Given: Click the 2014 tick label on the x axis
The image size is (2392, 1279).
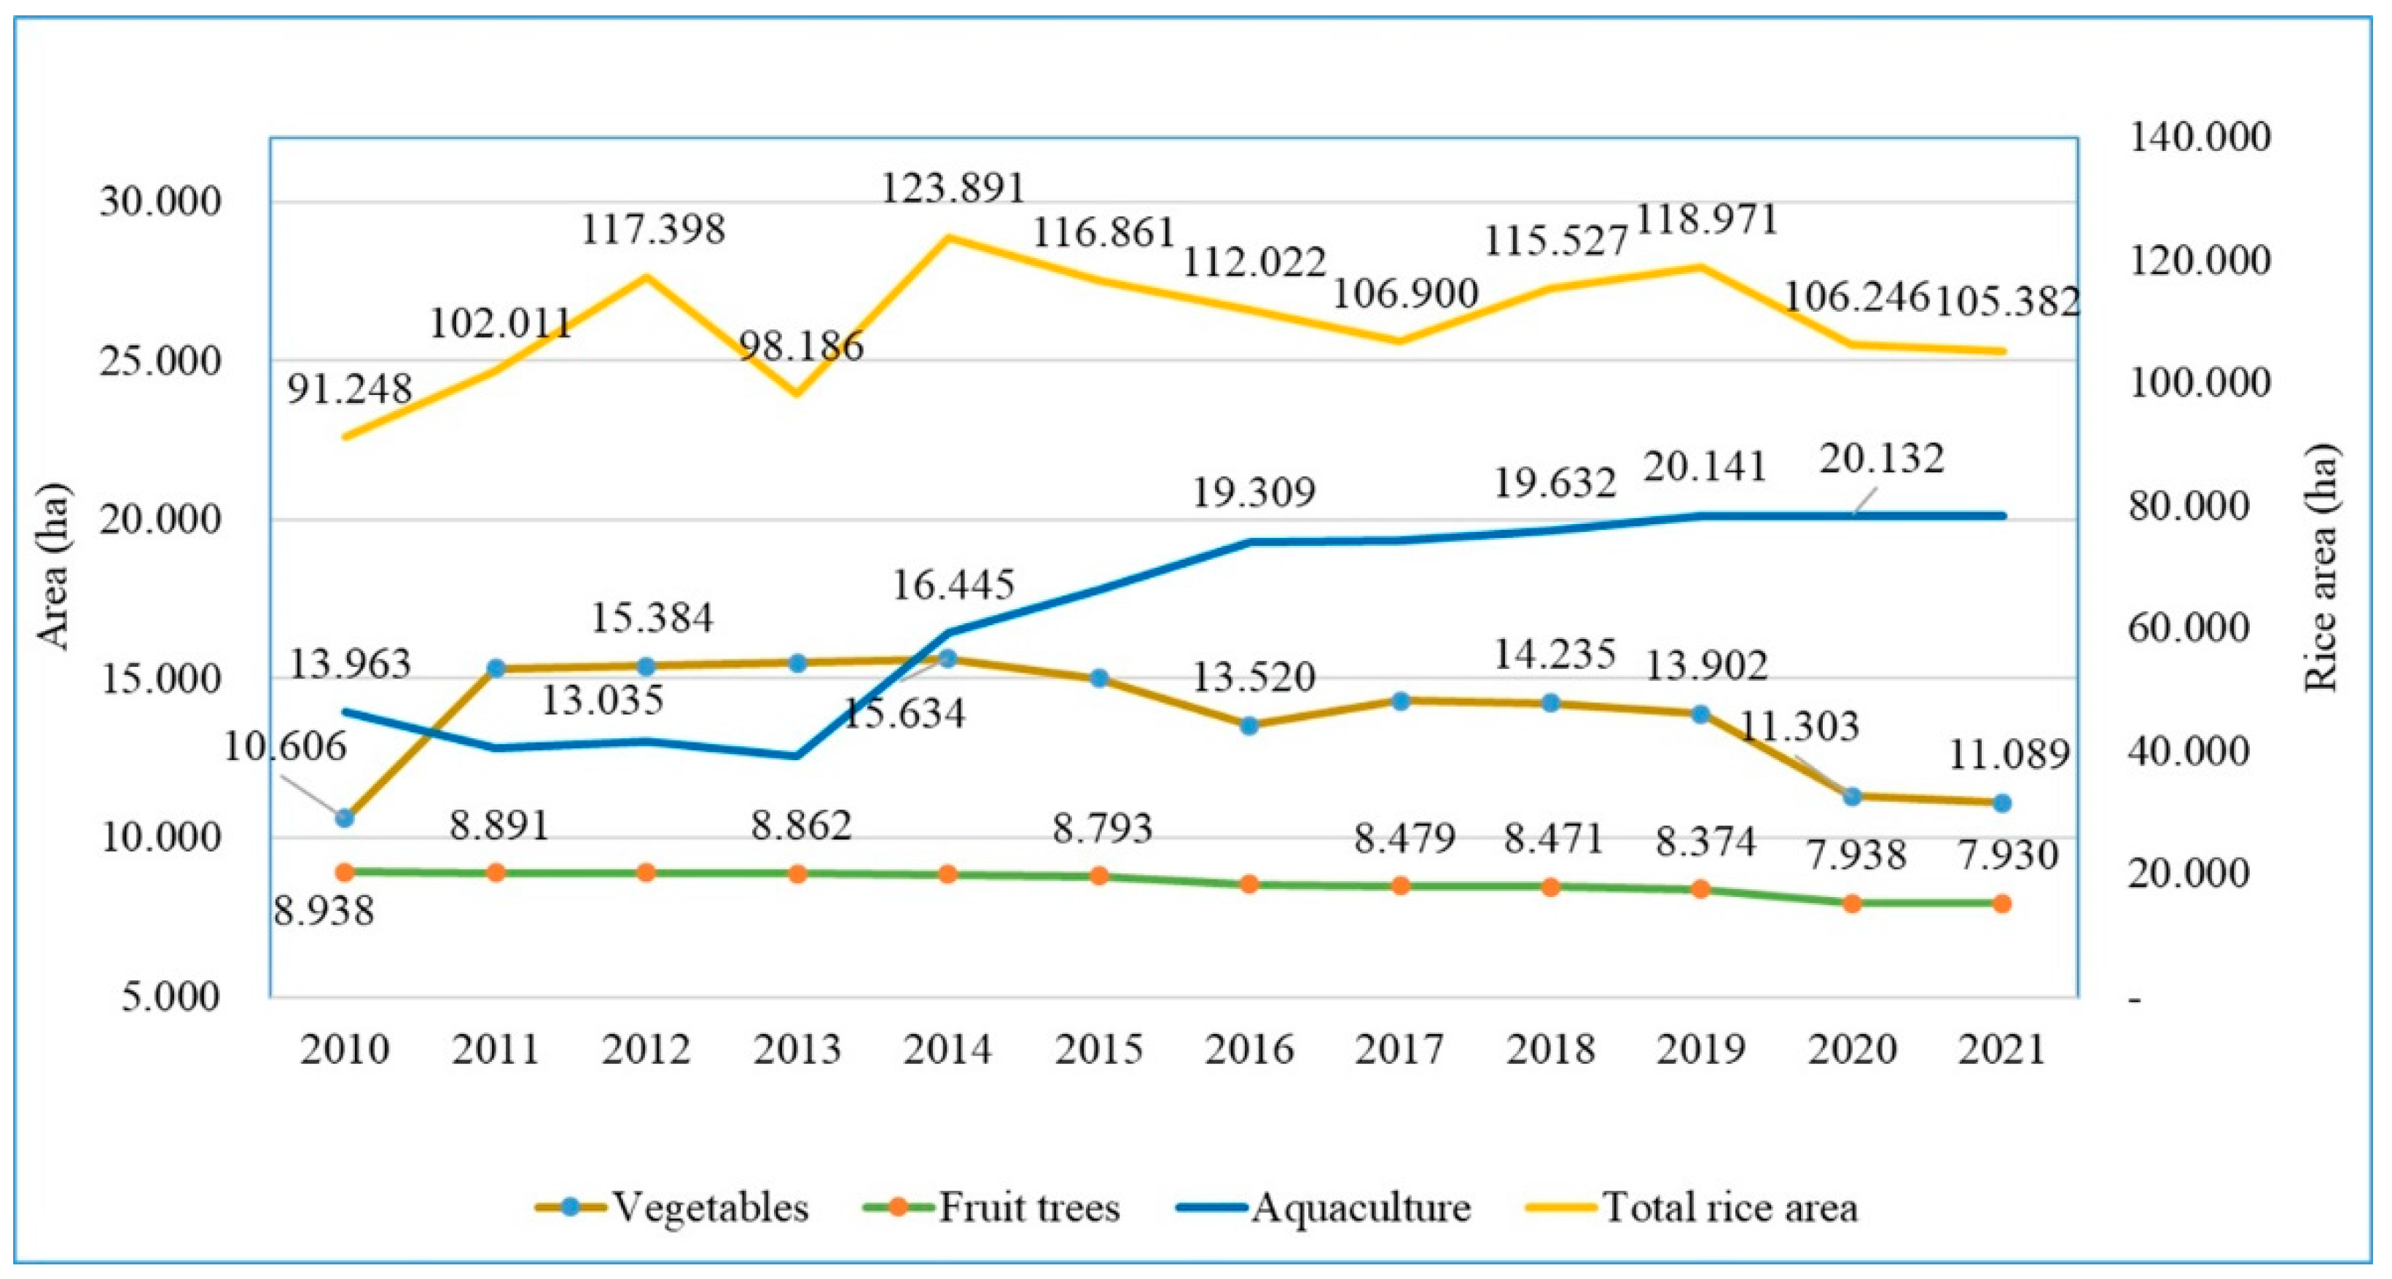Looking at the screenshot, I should [x=947, y=1049].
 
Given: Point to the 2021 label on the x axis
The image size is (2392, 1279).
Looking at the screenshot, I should [x=2002, y=1049].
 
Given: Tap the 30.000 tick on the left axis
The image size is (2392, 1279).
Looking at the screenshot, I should [x=160, y=202].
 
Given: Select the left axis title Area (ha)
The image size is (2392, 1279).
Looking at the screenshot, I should [x=54, y=566].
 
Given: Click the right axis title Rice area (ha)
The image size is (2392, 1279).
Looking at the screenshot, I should [x=2321, y=566].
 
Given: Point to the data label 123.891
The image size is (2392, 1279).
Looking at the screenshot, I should [x=953, y=189].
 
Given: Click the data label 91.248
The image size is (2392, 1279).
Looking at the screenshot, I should [x=349, y=389].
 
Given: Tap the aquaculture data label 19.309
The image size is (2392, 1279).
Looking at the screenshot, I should [x=1254, y=492].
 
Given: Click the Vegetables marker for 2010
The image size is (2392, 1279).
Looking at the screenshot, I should [x=345, y=818].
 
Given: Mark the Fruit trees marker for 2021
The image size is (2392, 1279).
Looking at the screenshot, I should [x=2002, y=904].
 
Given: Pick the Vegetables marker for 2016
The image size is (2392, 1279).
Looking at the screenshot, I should [x=1249, y=725].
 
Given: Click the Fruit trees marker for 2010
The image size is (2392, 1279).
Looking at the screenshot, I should [x=345, y=871].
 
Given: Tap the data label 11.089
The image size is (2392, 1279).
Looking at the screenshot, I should [x=2009, y=755].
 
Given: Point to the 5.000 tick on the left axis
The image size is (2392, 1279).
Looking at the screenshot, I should [x=170, y=998].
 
